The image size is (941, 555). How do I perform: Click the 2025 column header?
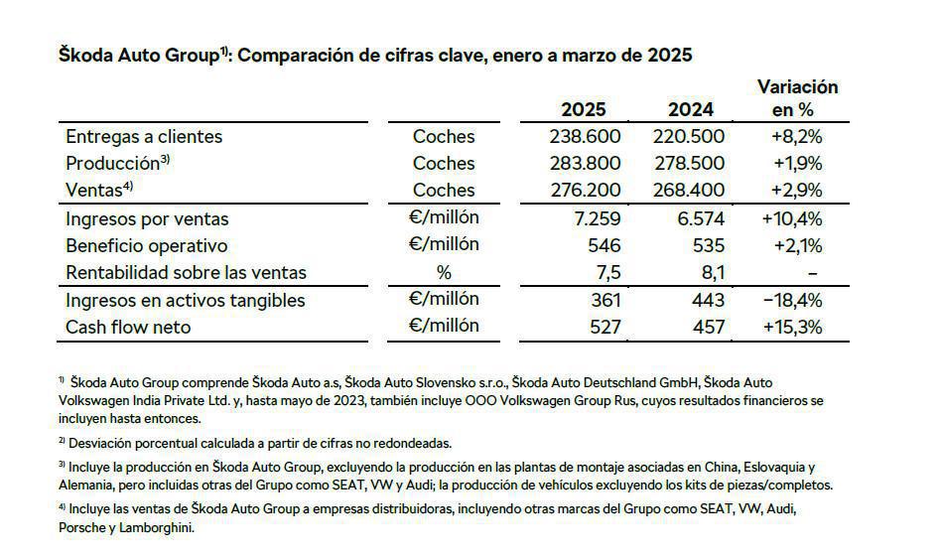click(x=583, y=109)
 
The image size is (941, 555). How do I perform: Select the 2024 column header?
click(x=689, y=109)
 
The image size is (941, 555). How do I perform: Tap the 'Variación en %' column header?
click(x=797, y=98)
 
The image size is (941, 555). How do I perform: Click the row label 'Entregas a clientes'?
click(x=144, y=136)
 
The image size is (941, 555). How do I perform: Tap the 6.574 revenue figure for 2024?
click(x=701, y=218)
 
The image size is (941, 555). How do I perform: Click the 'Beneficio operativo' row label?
click(x=146, y=245)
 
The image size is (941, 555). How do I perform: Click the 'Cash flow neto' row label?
click(x=127, y=326)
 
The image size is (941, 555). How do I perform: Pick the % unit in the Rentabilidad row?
click(x=444, y=272)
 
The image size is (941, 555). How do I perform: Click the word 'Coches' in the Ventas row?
click(x=444, y=190)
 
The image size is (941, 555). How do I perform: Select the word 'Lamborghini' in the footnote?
click(x=158, y=528)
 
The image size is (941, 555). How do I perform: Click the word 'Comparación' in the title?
click(x=296, y=55)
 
